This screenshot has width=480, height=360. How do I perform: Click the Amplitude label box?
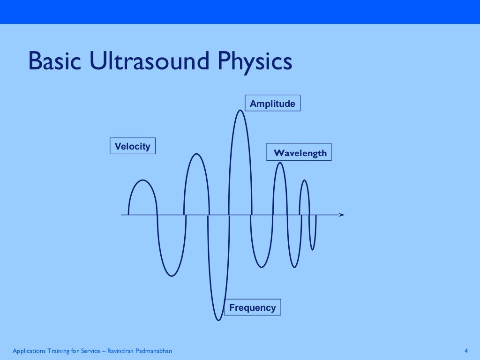click(272, 104)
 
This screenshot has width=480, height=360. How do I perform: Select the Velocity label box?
click(133, 146)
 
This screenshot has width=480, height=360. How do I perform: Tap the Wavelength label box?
click(300, 153)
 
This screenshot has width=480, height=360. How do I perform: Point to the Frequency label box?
click(253, 307)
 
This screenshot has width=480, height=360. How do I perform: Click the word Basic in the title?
click(53, 62)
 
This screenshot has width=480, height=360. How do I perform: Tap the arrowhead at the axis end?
click(342, 215)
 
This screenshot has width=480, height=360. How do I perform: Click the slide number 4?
click(465, 351)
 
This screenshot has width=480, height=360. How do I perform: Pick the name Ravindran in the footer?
click(121, 351)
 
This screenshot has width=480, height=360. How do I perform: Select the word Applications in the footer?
click(29, 351)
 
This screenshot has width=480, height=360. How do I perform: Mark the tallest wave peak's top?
click(240, 110)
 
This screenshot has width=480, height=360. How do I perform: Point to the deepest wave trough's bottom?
click(218, 320)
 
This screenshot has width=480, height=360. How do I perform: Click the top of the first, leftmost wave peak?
click(142, 180)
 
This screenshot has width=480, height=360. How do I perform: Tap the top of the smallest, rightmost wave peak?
click(304, 180)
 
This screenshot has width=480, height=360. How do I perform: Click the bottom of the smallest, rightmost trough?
click(313, 250)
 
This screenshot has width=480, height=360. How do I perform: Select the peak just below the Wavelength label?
click(279, 163)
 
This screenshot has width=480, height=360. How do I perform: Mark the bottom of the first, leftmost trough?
click(171, 276)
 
